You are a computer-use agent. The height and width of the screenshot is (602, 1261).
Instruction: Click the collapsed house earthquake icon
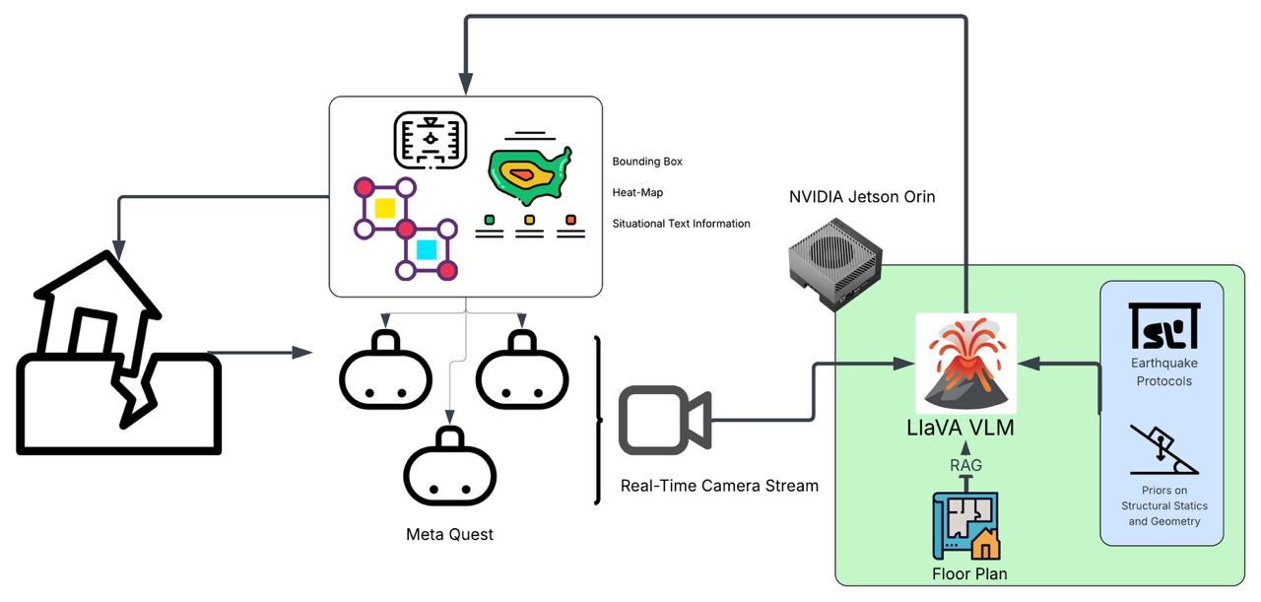pyautogui.click(x=118, y=355)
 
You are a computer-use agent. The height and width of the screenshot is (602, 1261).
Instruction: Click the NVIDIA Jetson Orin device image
pyautogui.click(x=837, y=260)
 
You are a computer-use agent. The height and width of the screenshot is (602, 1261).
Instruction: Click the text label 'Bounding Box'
pyautogui.click(x=647, y=162)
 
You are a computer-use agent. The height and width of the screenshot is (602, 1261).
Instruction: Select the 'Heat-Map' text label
pyautogui.click(x=637, y=193)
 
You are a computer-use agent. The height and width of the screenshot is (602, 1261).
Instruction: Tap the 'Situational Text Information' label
pyautogui.click(x=681, y=224)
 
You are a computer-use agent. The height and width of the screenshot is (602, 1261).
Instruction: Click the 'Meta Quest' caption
pyautogui.click(x=449, y=535)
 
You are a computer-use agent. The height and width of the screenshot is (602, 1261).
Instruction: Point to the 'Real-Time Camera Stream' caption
pyautogui.click(x=719, y=486)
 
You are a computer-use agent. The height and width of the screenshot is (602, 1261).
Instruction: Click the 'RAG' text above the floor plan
pyautogui.click(x=965, y=465)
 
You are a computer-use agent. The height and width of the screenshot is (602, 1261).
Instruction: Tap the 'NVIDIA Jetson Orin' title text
pyautogui.click(x=862, y=197)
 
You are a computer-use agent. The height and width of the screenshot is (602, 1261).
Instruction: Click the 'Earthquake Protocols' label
pyautogui.click(x=1163, y=372)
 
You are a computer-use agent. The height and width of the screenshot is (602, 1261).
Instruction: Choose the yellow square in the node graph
pyautogui.click(x=384, y=208)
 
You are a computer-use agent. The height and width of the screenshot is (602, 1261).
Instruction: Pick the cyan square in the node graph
pyautogui.click(x=426, y=249)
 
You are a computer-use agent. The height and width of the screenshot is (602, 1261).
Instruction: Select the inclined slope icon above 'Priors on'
pyautogui.click(x=1163, y=450)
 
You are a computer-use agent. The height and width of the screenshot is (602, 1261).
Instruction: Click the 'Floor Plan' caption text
pyautogui.click(x=969, y=573)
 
